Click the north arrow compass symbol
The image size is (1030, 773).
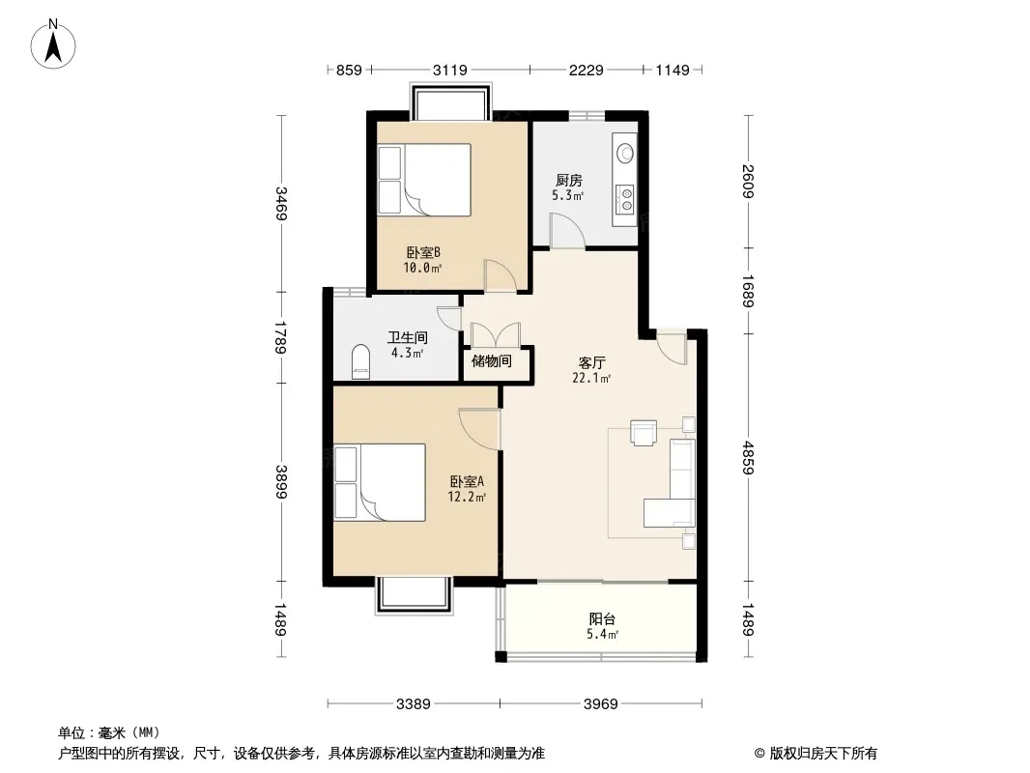53,44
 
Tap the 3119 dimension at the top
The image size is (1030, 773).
450,70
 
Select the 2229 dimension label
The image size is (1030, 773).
586,70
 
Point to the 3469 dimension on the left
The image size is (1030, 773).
281,204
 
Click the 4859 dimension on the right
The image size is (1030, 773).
748,458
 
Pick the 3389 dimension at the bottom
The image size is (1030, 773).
414,704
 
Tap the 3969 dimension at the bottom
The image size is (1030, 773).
601,704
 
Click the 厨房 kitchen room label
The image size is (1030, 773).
569,180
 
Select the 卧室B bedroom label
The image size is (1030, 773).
423,252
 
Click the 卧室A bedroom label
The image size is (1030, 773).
467,481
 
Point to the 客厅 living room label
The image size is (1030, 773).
592,362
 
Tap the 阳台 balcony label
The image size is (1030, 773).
602,618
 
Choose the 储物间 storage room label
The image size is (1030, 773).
492,360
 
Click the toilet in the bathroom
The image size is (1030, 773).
361,362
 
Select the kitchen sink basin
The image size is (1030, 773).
625,153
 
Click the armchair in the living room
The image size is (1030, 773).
644,433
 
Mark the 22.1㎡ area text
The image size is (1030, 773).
592,379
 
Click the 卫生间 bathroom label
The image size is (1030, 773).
408,337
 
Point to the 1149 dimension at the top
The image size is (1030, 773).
672,70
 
